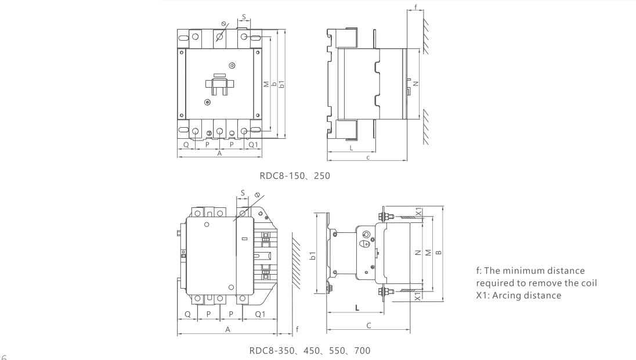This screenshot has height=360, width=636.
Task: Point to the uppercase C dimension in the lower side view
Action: coord(369,326)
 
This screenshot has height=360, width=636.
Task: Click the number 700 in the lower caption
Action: coord(360,350)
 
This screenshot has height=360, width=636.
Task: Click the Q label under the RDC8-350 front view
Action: coord(187,314)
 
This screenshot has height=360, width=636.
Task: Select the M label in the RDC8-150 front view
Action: coord(266,85)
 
